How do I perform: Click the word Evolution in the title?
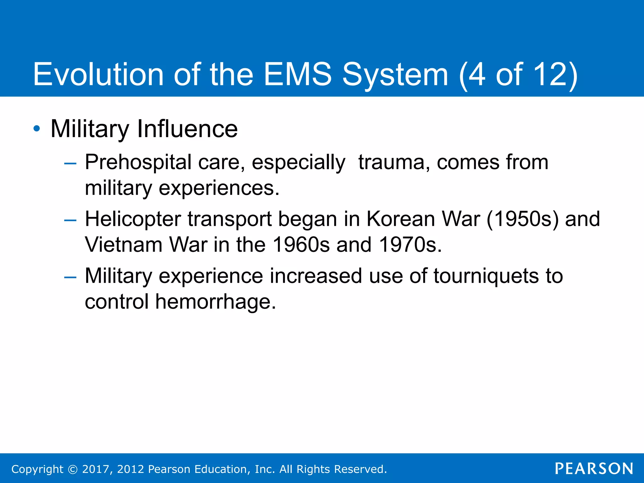point(98,74)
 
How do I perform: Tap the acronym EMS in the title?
point(297,74)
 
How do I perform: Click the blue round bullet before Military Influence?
point(37,129)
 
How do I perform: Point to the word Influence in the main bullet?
point(187,129)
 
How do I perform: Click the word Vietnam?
point(123,245)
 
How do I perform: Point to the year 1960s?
point(301,245)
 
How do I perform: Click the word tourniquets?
point(486,276)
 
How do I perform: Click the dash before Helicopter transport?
point(70,220)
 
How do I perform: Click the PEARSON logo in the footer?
point(594,469)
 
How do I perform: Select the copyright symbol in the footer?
point(73,469)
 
